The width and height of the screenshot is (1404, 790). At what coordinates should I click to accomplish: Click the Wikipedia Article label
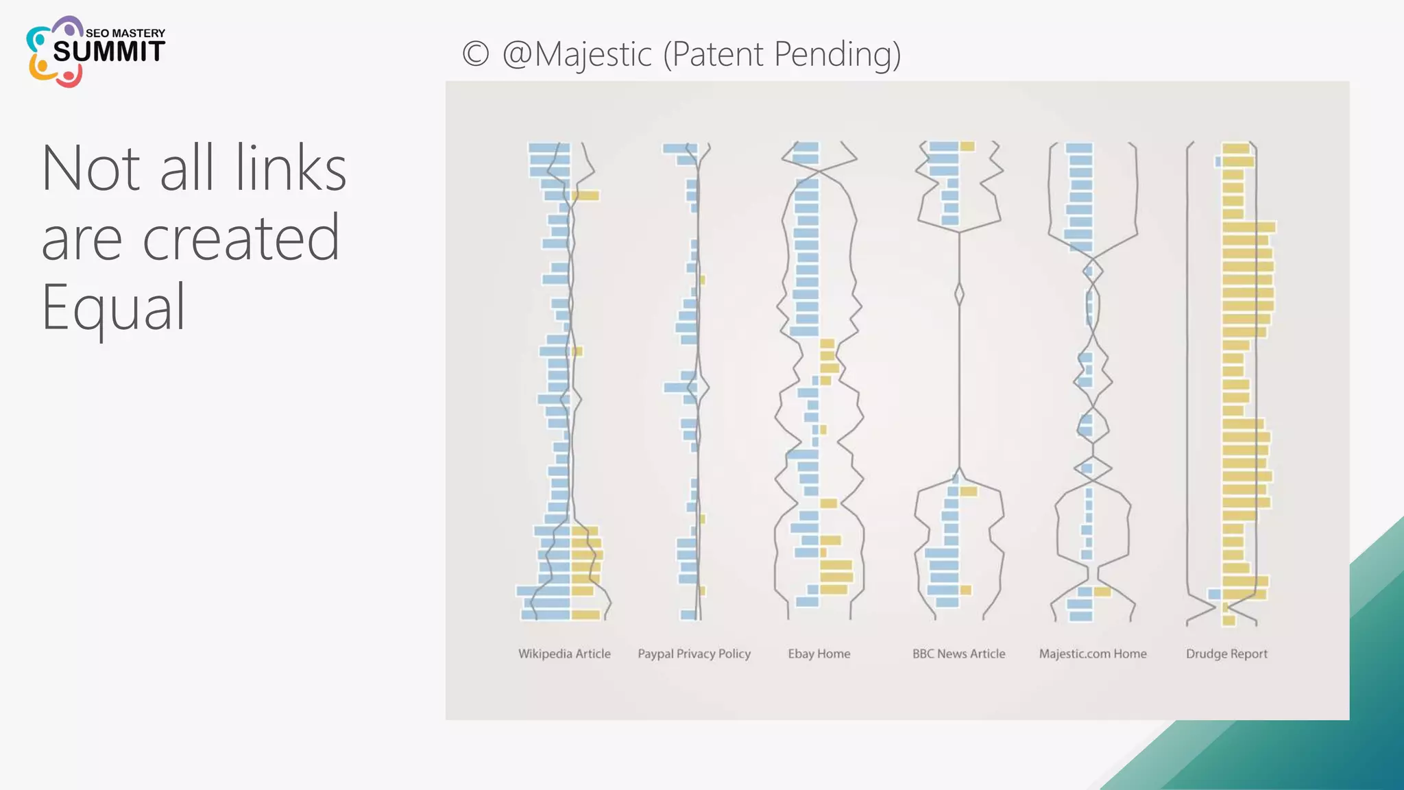[564, 654]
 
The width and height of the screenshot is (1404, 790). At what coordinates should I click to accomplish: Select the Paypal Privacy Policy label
[694, 654]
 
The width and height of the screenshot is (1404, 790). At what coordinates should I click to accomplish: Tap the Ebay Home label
[819, 654]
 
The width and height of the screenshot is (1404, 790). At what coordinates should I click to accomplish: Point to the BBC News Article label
[958, 654]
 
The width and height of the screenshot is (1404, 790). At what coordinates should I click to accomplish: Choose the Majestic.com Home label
[1093, 654]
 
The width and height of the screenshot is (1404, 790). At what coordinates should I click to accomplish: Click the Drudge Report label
[1226, 654]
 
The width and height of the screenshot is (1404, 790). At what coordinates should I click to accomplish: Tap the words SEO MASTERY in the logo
[125, 33]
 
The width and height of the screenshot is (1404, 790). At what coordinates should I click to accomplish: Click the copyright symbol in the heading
[476, 54]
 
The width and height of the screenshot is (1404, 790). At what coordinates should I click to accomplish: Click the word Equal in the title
[113, 307]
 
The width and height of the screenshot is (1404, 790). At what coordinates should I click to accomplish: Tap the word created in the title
[241, 237]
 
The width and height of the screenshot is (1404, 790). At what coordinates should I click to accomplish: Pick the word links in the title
[291, 168]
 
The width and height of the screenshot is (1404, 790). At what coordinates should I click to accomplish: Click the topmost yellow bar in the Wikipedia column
[586, 196]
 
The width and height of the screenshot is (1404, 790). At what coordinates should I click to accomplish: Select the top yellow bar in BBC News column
[967, 146]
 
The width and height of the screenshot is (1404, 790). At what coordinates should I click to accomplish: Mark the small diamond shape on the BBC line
[959, 294]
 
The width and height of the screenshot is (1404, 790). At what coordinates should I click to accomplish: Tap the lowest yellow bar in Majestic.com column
[1102, 591]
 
